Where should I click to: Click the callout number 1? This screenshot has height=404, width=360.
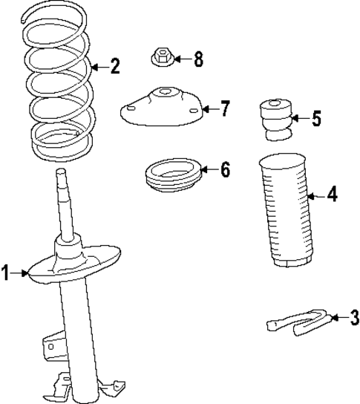(7, 274)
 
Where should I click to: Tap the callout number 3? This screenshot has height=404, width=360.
(353, 318)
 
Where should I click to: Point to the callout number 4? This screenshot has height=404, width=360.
(332, 195)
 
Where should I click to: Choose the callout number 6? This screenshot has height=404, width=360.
(225, 169)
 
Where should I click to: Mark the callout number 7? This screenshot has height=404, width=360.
(225, 108)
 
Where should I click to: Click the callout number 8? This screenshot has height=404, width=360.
(198, 59)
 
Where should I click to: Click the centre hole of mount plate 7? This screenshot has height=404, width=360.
(163, 94)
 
